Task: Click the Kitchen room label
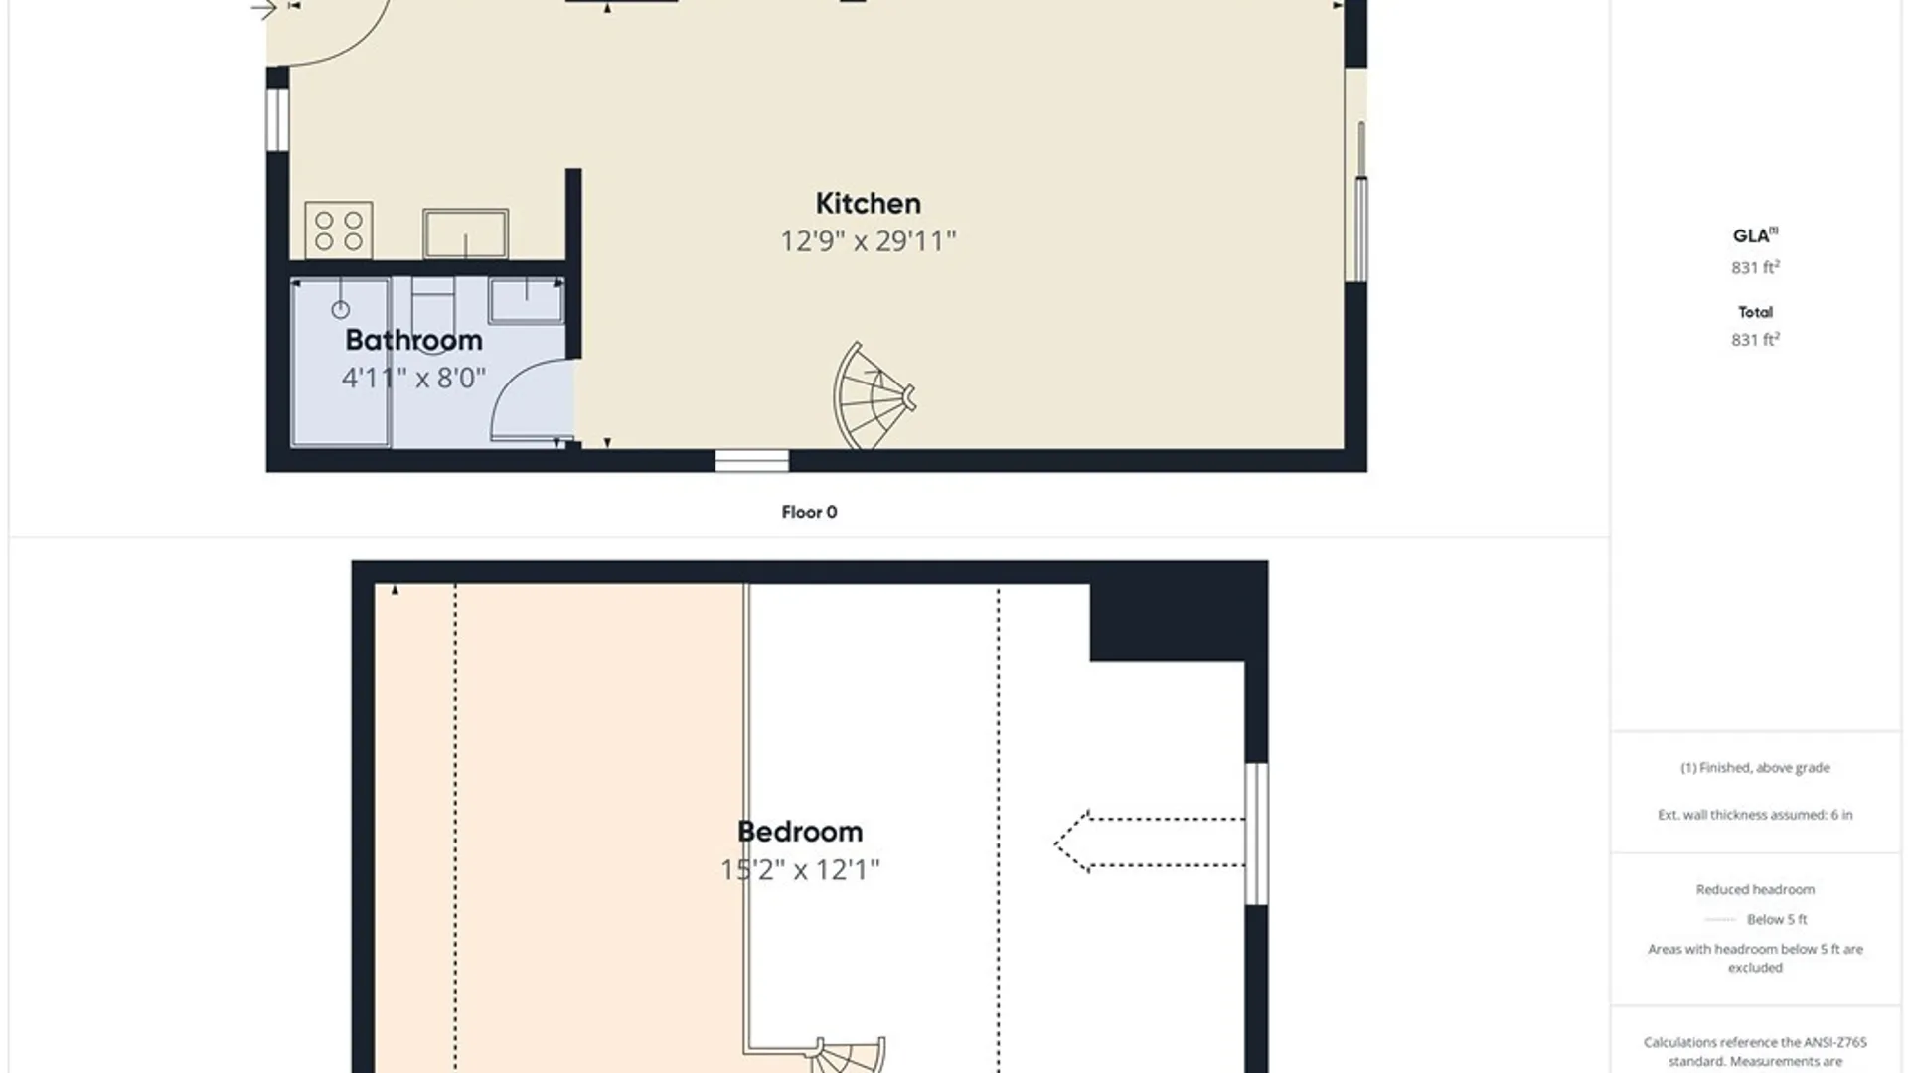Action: (868, 203)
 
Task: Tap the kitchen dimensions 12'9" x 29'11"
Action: (868, 241)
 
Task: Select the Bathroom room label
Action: (413, 340)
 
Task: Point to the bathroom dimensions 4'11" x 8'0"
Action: (413, 378)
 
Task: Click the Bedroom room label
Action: (800, 832)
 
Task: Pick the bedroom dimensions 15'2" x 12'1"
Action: (800, 870)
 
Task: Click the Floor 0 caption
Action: (809, 512)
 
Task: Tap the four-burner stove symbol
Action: (339, 230)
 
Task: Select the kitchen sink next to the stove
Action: (465, 233)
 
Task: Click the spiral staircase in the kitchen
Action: (873, 396)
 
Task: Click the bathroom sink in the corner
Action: (526, 300)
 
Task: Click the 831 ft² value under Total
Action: (1755, 339)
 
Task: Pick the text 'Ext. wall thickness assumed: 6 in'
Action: (1755, 815)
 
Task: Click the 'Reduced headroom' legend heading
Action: (1755, 889)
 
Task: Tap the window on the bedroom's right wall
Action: (1256, 834)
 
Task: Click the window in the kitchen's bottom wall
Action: (752, 460)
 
